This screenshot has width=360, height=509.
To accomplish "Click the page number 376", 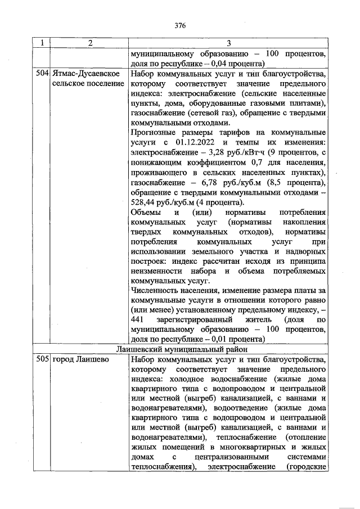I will [x=180, y=26].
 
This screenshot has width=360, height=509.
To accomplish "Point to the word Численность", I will [x=155, y=291].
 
